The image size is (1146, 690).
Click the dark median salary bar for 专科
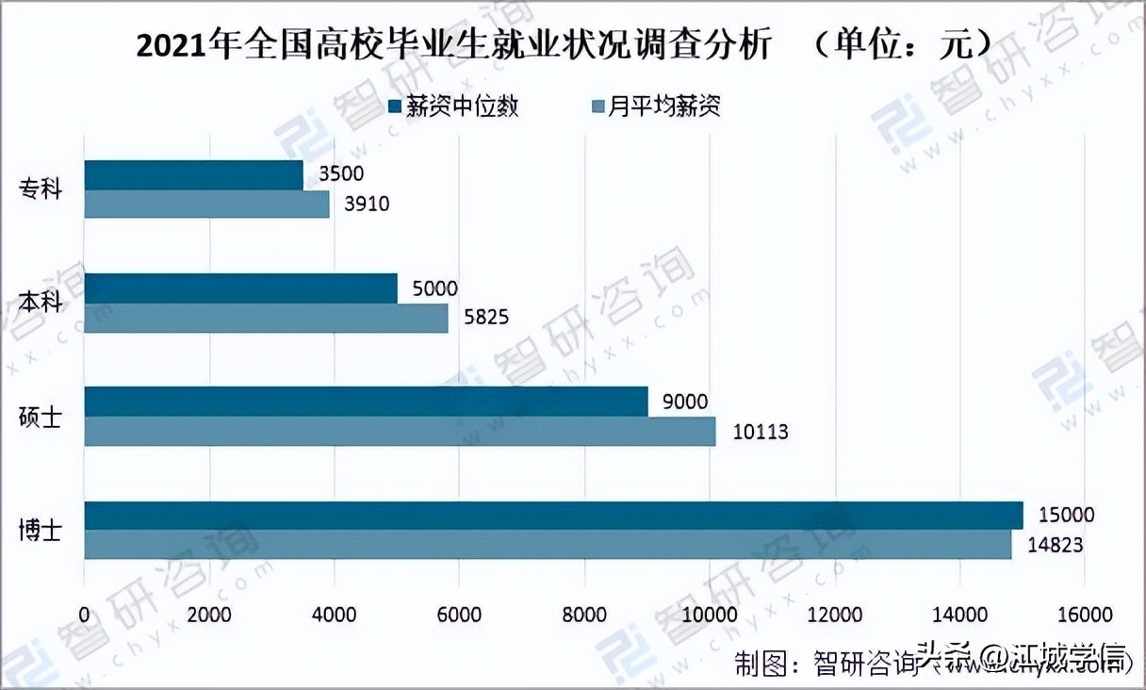[193, 175]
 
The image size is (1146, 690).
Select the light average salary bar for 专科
[206, 204]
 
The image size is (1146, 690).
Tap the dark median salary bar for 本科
[240, 288]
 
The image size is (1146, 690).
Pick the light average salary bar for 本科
[266, 318]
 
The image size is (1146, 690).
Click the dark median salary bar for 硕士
[366, 402]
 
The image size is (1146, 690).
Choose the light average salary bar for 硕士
[400, 431]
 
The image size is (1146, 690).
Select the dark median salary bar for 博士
[553, 516]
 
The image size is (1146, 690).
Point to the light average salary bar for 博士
[548, 545]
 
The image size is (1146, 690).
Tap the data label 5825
[486, 318]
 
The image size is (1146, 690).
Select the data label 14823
[1053, 546]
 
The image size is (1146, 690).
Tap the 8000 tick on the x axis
[585, 615]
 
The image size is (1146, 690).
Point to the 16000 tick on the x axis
[1084, 615]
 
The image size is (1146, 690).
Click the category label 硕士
[41, 416]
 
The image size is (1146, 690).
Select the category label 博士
[41, 530]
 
